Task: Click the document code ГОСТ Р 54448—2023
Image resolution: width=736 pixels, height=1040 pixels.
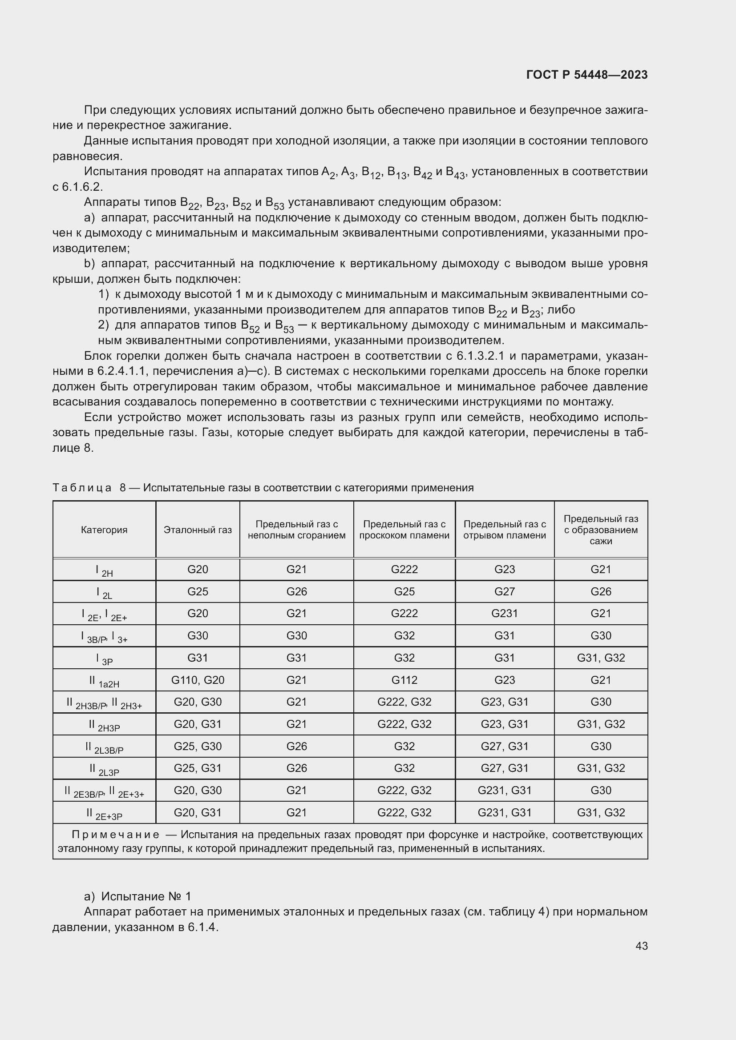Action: [586, 75]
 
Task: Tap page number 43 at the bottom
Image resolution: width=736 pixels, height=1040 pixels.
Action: [641, 946]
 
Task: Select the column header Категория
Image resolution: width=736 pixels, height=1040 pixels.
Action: [104, 530]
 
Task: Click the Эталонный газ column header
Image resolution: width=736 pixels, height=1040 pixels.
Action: [198, 530]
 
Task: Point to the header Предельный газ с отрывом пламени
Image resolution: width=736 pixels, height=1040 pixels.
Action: [505, 530]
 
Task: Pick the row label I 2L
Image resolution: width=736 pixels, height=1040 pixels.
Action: [104, 592]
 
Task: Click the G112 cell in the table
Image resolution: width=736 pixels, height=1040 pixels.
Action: [404, 680]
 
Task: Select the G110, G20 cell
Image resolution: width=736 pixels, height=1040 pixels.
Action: [198, 680]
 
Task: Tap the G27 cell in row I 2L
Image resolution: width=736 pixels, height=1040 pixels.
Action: [505, 591]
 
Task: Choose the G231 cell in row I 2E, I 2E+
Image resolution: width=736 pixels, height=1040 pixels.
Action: [505, 613]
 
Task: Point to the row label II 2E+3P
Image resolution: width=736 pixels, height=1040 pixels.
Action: [104, 814]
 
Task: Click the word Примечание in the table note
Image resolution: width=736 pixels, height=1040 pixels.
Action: [116, 835]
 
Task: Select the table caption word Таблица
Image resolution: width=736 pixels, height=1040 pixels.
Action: [82, 488]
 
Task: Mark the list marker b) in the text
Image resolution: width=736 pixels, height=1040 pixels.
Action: [89, 264]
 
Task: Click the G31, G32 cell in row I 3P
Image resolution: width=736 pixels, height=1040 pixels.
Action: [600, 658]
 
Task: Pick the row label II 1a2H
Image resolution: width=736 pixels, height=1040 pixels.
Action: [104, 681]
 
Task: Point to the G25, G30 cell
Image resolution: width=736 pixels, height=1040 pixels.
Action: [198, 746]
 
